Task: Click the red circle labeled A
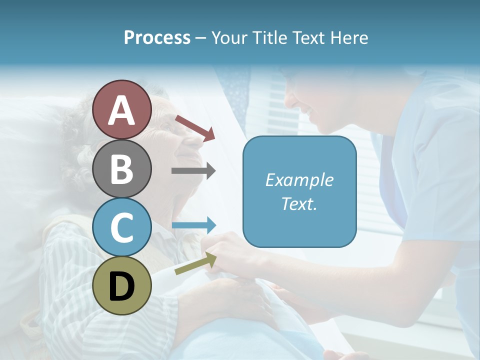pos(122,109)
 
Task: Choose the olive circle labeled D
pos(122,285)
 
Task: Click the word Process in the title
pos(157,37)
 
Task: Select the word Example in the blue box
pos(299,180)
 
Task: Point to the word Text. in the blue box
pos(299,203)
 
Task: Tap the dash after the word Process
pos(201,38)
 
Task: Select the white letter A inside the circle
pos(122,110)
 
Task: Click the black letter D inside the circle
pos(122,286)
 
